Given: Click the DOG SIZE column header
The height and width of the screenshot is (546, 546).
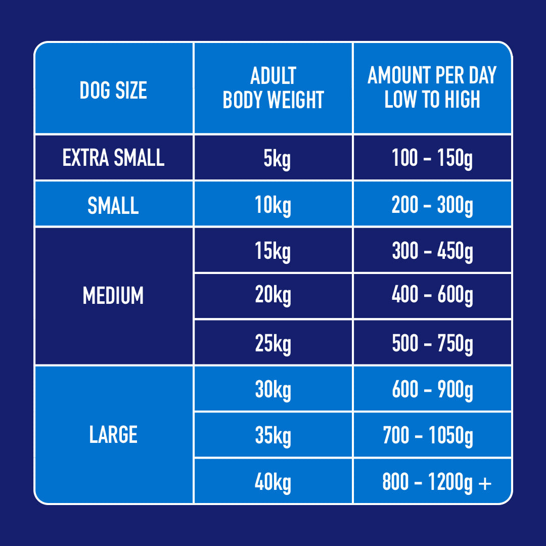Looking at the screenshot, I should tap(113, 90).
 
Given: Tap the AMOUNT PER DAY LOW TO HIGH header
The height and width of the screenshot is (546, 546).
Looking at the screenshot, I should tap(432, 88).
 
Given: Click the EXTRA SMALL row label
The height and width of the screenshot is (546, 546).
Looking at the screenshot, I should tap(113, 158).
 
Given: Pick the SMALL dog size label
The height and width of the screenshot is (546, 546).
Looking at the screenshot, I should tap(113, 205).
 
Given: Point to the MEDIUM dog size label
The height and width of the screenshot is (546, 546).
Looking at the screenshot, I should tap(113, 296).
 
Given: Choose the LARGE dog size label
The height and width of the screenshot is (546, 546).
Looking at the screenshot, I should tap(113, 435).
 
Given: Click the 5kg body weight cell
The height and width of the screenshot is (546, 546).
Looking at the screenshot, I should tap(273, 159).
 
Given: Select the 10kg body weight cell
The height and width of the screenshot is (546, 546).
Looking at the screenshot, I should tap(273, 205).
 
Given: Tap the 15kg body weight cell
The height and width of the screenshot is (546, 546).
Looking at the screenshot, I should tap(273, 251).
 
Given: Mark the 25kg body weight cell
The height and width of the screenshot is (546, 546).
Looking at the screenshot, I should tap(273, 344).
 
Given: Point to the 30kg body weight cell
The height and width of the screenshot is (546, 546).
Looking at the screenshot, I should tap(273, 390).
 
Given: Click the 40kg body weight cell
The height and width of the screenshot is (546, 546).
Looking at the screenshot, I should tap(273, 483).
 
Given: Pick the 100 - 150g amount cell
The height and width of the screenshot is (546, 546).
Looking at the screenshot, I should tap(432, 158).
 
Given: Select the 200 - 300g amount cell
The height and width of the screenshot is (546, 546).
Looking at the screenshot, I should tap(432, 205).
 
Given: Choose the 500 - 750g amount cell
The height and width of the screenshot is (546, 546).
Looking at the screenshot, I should tap(432, 343).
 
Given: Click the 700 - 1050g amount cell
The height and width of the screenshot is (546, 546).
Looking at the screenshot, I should tap(428, 436).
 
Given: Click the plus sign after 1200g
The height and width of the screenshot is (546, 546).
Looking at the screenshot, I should tap(484, 483).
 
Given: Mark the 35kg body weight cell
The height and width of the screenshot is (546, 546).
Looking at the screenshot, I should tap(273, 436).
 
